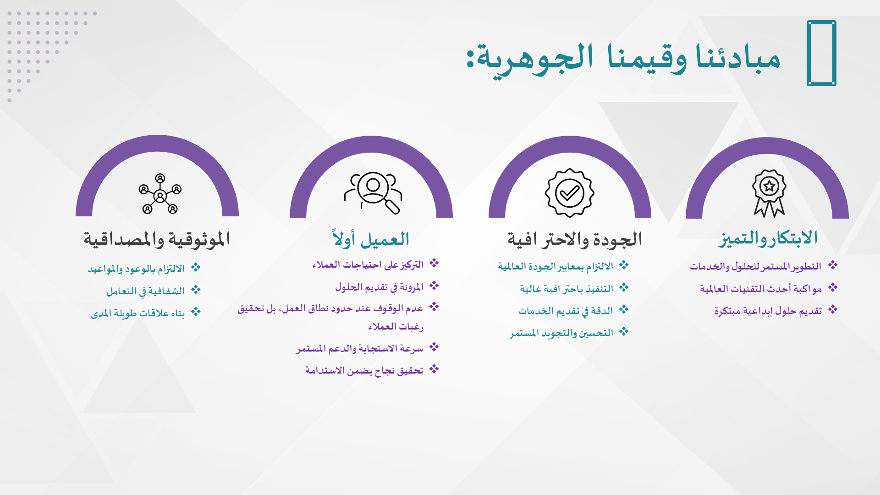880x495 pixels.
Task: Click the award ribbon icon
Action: (x=769, y=193)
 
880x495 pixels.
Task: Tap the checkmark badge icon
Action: (x=569, y=193)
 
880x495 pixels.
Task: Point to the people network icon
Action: (x=160, y=194)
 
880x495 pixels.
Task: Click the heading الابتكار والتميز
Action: (x=768, y=239)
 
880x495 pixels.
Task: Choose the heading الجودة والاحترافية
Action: (x=574, y=240)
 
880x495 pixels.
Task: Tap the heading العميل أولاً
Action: (x=371, y=239)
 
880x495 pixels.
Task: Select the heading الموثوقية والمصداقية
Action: (x=157, y=240)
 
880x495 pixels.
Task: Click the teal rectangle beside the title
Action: (x=821, y=53)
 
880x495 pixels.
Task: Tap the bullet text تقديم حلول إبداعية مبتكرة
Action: (x=768, y=311)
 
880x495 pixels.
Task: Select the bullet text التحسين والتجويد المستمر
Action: (x=561, y=333)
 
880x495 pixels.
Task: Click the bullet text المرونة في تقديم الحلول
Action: (x=379, y=287)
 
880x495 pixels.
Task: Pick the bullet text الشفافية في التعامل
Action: (x=145, y=291)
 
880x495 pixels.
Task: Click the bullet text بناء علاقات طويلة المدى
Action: (x=137, y=313)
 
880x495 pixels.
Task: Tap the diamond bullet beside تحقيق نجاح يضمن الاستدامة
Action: (x=434, y=369)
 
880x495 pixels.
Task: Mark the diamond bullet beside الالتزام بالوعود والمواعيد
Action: (x=196, y=268)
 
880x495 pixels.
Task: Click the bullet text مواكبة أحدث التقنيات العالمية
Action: (x=760, y=289)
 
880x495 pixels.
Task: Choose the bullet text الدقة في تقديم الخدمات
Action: (x=566, y=311)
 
